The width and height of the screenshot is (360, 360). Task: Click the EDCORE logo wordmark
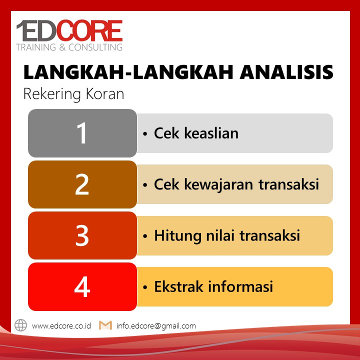click(x=69, y=30)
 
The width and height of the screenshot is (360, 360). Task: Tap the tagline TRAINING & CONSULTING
click(x=69, y=47)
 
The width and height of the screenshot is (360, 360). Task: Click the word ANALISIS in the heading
click(x=286, y=72)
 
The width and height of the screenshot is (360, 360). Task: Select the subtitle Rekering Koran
click(x=73, y=94)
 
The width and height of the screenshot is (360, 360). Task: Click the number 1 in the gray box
click(x=81, y=133)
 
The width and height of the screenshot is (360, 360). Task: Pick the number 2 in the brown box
click(x=82, y=184)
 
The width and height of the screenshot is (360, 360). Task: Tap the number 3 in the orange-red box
click(x=82, y=235)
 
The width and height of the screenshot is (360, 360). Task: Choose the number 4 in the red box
click(x=82, y=287)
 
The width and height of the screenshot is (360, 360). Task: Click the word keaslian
click(x=211, y=133)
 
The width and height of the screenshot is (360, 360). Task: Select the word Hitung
click(x=177, y=236)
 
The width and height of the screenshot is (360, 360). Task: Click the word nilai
click(x=220, y=235)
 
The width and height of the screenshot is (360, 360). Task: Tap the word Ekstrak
click(x=178, y=286)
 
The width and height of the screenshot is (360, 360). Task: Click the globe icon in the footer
click(x=20, y=325)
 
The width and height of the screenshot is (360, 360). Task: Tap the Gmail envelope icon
click(x=105, y=325)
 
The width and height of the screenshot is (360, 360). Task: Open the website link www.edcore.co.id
click(x=61, y=326)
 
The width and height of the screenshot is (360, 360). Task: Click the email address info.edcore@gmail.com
click(x=156, y=326)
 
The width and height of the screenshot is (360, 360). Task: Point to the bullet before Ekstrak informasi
click(x=145, y=287)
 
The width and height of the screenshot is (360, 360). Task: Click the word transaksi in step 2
click(x=289, y=184)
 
